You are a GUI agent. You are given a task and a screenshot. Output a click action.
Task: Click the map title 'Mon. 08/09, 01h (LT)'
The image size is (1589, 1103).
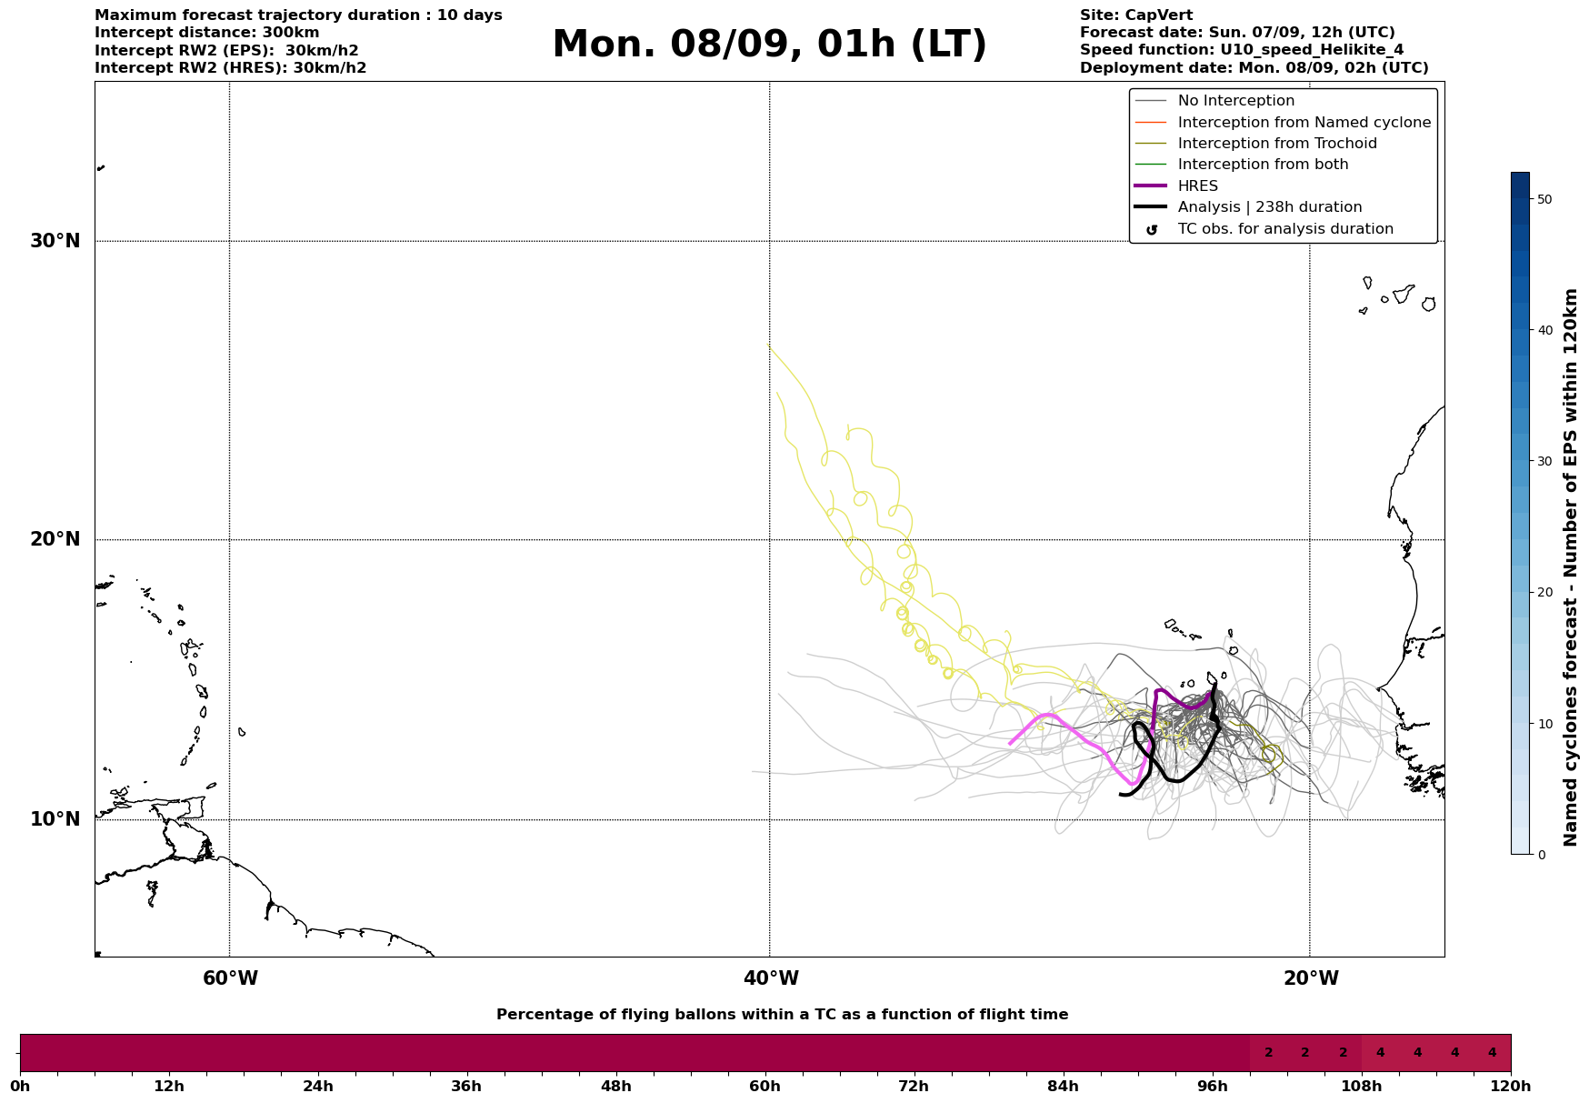[769, 45]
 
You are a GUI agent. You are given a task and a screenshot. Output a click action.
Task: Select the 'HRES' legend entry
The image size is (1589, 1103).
[1197, 186]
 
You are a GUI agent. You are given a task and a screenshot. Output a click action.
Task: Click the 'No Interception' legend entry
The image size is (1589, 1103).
[1235, 101]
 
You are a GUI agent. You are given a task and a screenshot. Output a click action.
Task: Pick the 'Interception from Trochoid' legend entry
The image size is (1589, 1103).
[1276, 144]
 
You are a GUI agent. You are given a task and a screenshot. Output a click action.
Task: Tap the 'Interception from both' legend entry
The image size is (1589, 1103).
[1263, 165]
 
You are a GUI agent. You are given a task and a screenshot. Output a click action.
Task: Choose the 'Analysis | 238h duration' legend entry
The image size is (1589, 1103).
[1269, 207]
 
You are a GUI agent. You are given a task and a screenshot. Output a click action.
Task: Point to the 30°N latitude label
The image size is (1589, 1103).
[55, 241]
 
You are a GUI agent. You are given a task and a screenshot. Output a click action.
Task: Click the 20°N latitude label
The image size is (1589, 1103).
[55, 539]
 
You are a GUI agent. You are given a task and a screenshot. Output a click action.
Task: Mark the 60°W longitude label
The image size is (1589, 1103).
[230, 978]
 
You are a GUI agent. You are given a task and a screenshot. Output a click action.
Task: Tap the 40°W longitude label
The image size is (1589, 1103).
[771, 978]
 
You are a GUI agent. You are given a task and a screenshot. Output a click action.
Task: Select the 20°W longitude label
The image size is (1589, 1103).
[1311, 978]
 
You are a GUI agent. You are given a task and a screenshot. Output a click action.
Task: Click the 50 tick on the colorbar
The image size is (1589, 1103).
[1544, 199]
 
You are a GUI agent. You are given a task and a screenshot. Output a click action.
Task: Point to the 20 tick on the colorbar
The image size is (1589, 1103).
[1544, 593]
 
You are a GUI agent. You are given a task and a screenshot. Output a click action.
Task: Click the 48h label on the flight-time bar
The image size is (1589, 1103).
[615, 1086]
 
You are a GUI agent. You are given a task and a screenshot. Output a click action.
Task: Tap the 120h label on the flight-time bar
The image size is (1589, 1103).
[1511, 1086]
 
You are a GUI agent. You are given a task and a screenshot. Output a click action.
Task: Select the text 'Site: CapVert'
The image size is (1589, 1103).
[1135, 15]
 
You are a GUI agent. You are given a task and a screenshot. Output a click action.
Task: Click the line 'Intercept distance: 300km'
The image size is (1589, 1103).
[206, 33]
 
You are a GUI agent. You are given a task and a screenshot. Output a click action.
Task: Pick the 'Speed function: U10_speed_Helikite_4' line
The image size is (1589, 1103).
[1241, 50]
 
